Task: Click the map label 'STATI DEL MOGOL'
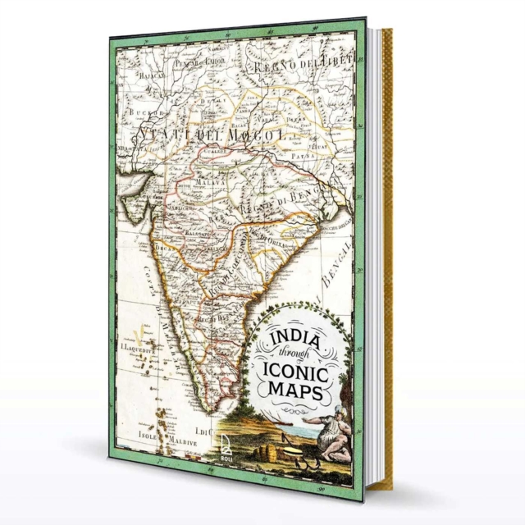click(x=212, y=133)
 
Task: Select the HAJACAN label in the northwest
click(x=140, y=73)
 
